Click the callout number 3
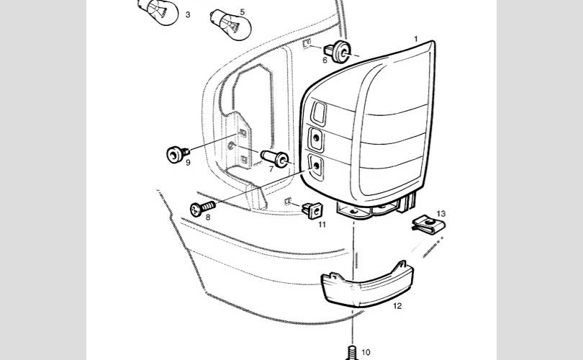tap(188, 14)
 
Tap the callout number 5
tap(242, 12)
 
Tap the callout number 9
tap(188, 163)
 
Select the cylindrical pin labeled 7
tap(275, 158)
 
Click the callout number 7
tap(271, 169)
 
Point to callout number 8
tap(207, 217)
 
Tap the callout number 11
tap(322, 225)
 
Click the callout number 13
tap(441, 214)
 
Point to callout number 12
tap(397, 306)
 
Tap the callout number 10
tap(366, 352)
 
